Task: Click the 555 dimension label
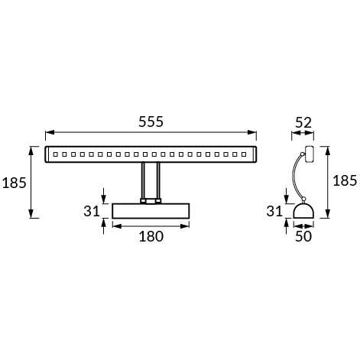pos(151,122)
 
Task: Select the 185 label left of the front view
pos(15,183)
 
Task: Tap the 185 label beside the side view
pos(345,181)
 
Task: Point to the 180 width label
pos(151,237)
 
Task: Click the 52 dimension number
pos(303,122)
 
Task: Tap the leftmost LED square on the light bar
pos(55,154)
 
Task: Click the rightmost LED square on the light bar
pos(248,154)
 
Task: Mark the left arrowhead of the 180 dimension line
pos(115,225)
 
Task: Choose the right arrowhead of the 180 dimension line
pos(188,225)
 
